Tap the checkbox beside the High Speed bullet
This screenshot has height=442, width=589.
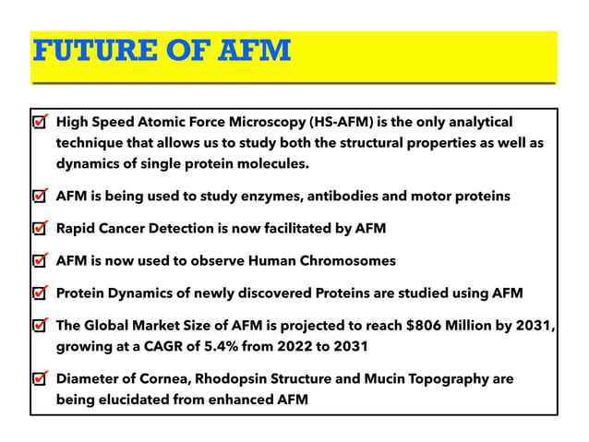(40, 123)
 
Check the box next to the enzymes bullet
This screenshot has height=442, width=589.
(40, 197)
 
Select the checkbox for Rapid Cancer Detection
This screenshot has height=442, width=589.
(40, 229)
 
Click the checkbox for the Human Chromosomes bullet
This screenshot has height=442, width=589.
(40, 261)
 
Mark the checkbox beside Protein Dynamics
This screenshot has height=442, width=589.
(40, 293)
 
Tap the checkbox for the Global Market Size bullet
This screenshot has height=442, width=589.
(40, 326)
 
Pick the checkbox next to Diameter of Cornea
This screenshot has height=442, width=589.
(40, 379)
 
